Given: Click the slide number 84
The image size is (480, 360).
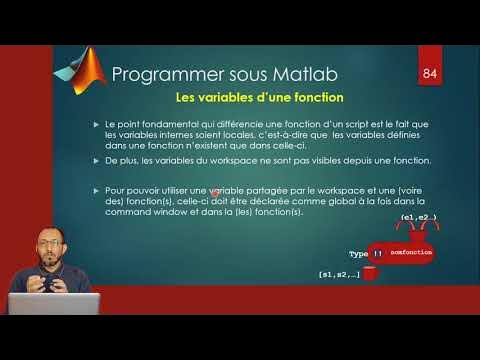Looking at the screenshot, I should pyautogui.click(x=430, y=74).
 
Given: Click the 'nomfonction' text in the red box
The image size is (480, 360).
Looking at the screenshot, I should pyautogui.click(x=411, y=254).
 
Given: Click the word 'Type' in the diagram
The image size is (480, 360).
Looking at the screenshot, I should pyautogui.click(x=358, y=254).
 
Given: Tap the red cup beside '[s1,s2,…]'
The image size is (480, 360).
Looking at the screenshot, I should pyautogui.click(x=370, y=273).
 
